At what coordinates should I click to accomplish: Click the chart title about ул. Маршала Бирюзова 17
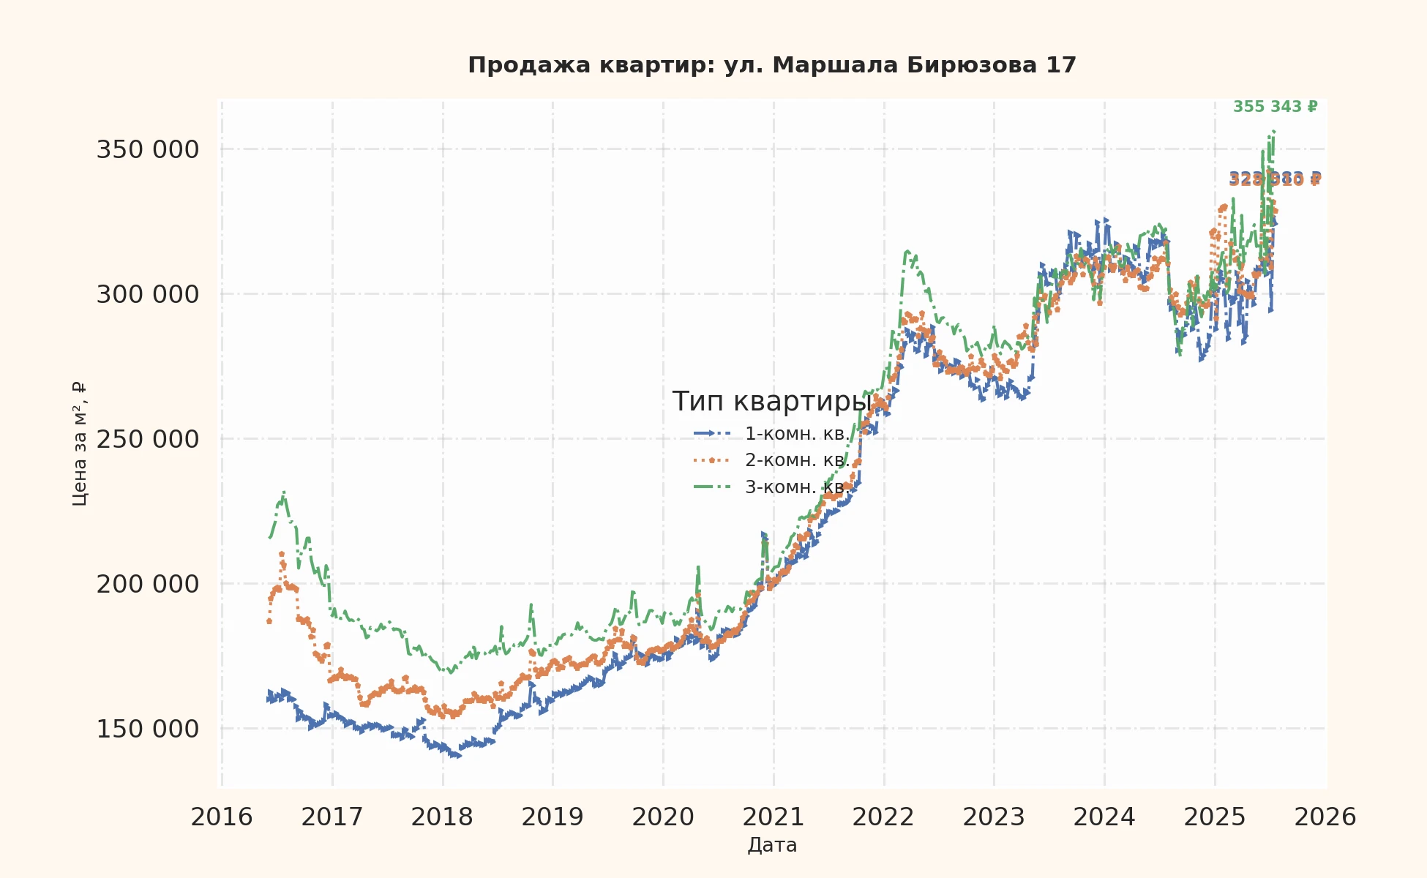point(772,65)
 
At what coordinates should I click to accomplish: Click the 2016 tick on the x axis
point(222,817)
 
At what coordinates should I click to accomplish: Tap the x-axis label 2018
point(442,817)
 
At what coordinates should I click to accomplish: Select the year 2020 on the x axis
point(663,817)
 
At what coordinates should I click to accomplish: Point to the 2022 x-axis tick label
point(883,817)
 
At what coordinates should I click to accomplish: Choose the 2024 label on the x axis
point(1104,817)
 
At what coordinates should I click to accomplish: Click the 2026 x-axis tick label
point(1325,817)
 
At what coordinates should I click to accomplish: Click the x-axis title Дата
point(772,846)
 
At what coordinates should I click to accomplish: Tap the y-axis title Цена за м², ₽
point(80,443)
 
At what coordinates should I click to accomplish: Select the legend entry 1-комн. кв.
point(797,434)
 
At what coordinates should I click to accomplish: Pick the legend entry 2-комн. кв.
point(797,460)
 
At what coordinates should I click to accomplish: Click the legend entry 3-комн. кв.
point(797,487)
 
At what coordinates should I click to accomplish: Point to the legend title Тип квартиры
point(772,402)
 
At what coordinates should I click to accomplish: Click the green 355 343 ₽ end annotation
point(1275,107)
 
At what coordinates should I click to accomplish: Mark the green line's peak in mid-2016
point(283,493)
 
